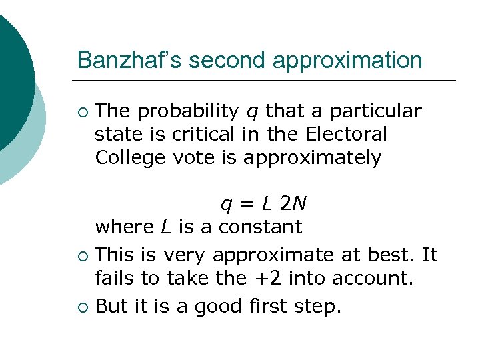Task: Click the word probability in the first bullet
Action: coord(189,111)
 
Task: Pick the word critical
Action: coord(200,134)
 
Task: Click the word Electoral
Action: coord(346,134)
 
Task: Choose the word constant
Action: coord(261,226)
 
